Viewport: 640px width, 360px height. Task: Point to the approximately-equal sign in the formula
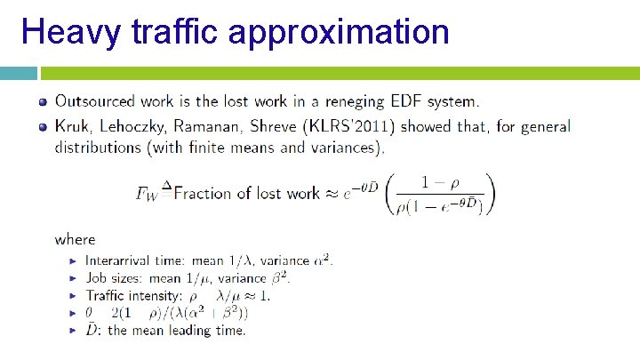click(x=332, y=193)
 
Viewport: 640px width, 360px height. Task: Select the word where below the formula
click(x=75, y=238)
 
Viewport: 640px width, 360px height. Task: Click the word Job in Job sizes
click(x=94, y=277)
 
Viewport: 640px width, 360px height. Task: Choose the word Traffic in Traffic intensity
click(x=107, y=295)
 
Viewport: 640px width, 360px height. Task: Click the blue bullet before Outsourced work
click(x=42, y=100)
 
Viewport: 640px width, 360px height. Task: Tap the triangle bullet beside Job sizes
click(x=73, y=278)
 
